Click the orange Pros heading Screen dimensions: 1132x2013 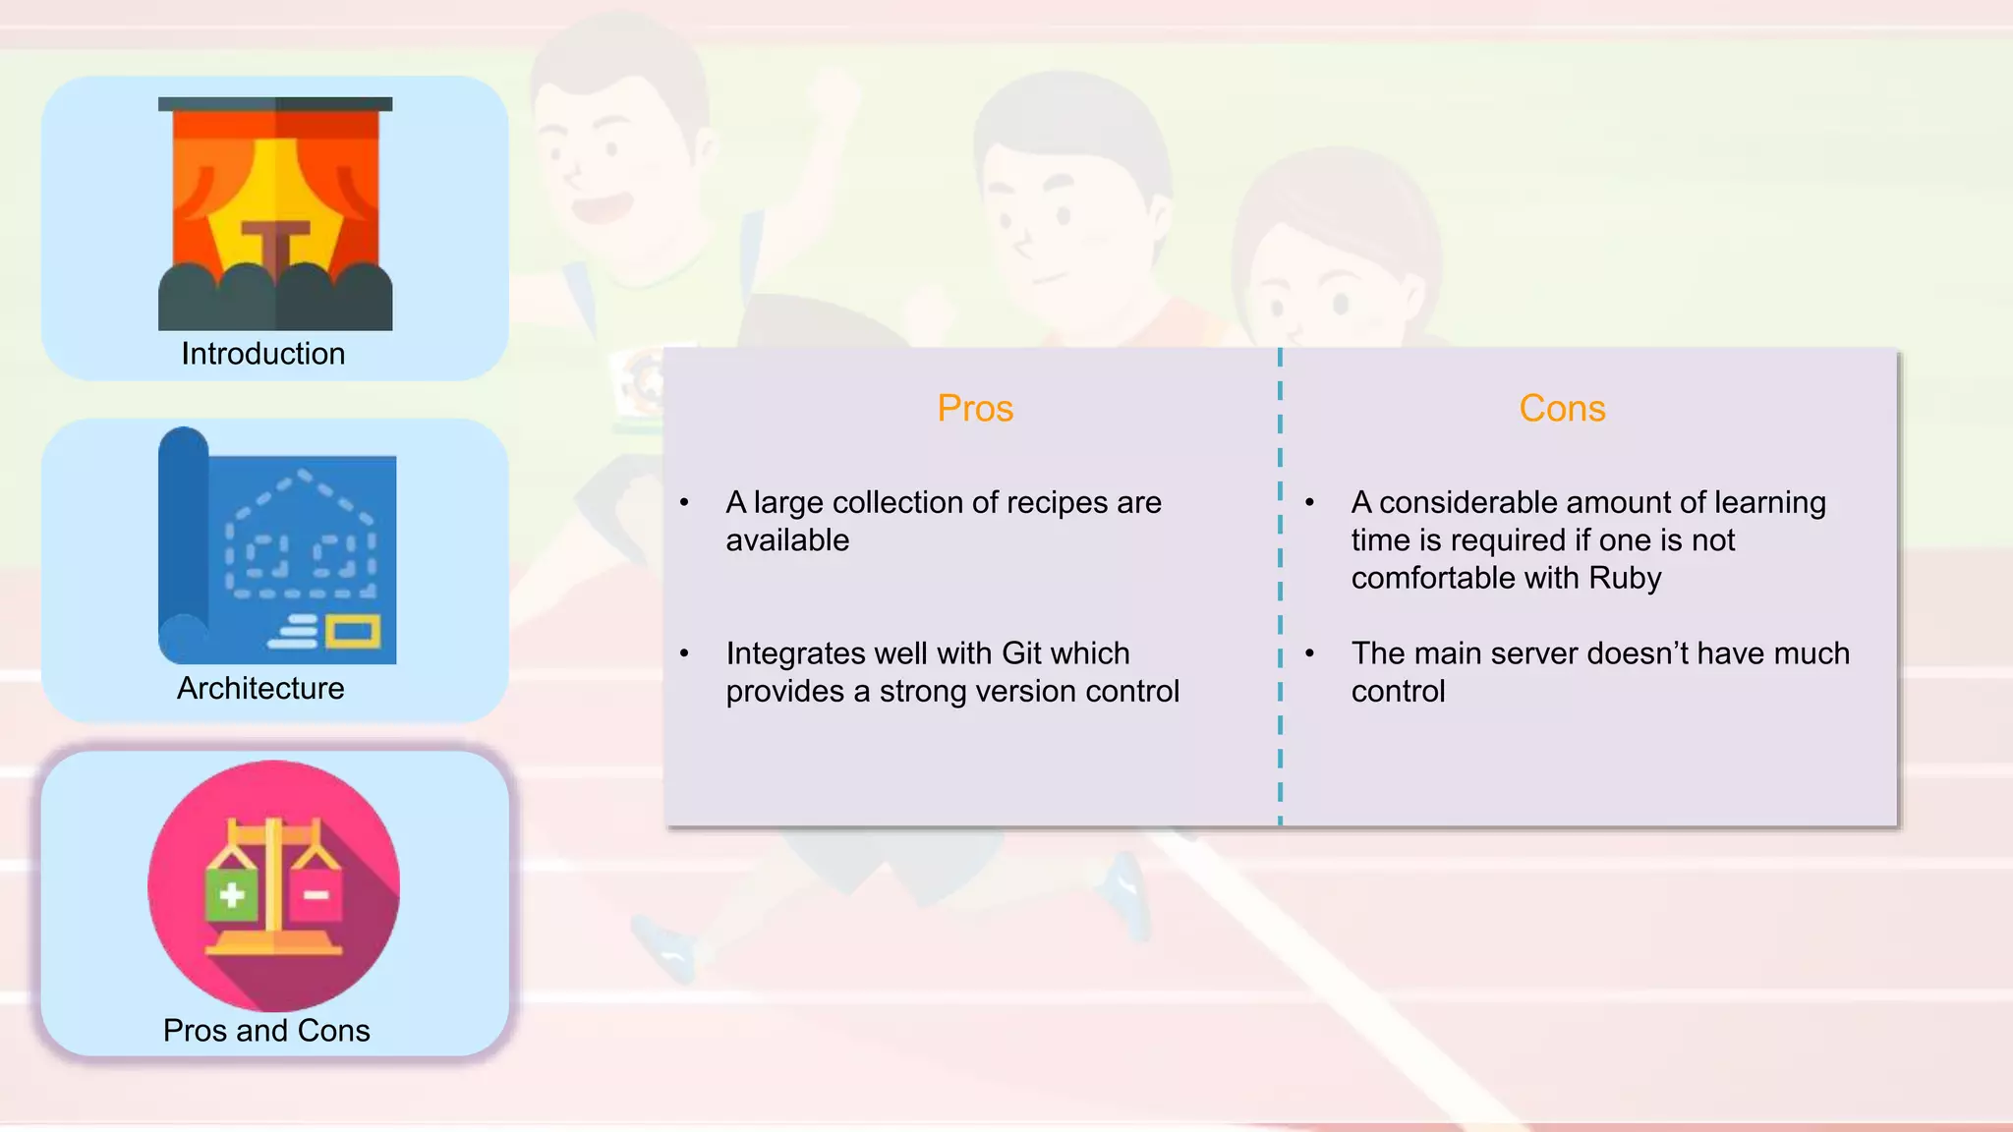pos(974,408)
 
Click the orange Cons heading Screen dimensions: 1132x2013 pos(1562,408)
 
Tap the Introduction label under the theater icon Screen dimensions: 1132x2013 pos(262,354)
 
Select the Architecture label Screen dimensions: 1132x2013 pos(260,688)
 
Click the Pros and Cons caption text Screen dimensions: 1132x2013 pos(266,1030)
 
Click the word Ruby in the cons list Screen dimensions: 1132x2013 pos(1625,578)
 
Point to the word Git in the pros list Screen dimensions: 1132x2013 pos(1021,653)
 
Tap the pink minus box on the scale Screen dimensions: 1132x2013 pos(316,894)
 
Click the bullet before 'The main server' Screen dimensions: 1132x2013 pos(1309,653)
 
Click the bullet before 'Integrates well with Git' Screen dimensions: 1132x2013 pos(684,653)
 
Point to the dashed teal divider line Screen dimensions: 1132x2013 pos(1280,590)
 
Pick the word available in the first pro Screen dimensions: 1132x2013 pos(787,540)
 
